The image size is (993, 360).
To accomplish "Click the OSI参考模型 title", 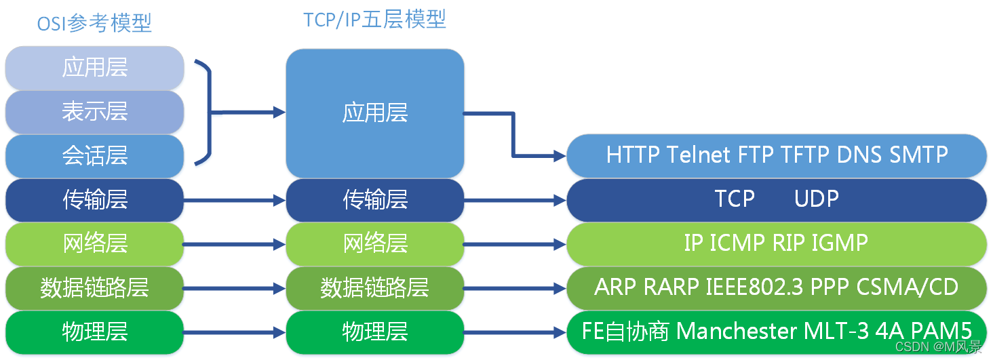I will coord(94,23).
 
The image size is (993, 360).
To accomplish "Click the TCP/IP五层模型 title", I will coord(374,20).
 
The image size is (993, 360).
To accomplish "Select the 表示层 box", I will coord(95,112).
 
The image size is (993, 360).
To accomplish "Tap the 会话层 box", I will coord(95,156).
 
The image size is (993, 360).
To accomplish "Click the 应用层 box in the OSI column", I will coord(95,68).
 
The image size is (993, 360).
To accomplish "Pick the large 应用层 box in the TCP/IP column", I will coord(374,113).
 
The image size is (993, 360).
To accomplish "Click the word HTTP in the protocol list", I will coord(633,155).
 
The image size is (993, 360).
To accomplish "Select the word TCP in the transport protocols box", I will coord(735,199).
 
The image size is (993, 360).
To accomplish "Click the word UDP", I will coord(816,199).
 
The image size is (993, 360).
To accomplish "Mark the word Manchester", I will coord(737,331).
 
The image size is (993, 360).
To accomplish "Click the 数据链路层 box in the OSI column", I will coord(95,288).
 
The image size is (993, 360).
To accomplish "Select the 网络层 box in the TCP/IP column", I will coord(374,243).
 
